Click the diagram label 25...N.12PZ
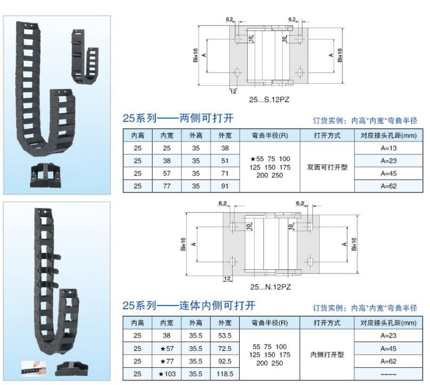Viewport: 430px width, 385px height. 268,287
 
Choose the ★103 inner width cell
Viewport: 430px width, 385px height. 166,374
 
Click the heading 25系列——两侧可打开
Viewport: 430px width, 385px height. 178,119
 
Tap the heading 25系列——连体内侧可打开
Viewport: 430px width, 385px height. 189,306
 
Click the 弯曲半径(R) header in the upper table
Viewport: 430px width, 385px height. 269,135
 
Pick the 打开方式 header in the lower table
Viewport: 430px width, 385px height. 327,323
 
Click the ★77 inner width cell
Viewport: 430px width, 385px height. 166,361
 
